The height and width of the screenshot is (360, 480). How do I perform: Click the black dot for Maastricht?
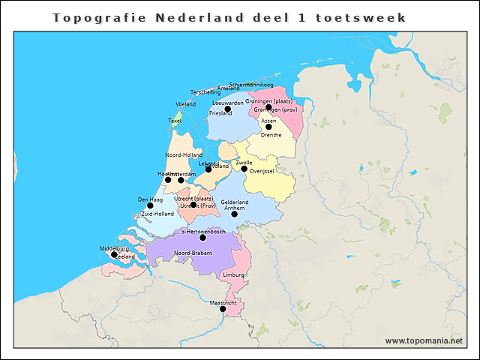click(x=223, y=308)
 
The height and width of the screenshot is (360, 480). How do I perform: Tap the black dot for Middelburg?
click(x=114, y=254)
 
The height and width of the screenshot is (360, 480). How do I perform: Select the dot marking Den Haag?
click(x=150, y=205)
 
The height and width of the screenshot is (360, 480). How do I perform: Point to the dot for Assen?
click(x=268, y=127)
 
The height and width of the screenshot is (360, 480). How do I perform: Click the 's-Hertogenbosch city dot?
click(x=202, y=238)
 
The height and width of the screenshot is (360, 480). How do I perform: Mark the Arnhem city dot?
click(x=234, y=214)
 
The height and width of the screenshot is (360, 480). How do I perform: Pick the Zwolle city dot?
click(x=244, y=169)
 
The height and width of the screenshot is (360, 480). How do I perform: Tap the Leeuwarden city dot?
click(x=228, y=109)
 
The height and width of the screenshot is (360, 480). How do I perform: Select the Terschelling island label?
click(x=205, y=92)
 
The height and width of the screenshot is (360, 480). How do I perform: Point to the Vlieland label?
click(x=185, y=103)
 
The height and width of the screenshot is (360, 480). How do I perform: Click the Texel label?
click(x=175, y=120)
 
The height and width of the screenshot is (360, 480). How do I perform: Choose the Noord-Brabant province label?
click(x=193, y=253)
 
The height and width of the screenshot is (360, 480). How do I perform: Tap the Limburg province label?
click(x=233, y=275)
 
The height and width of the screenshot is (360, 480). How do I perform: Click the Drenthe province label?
click(x=271, y=135)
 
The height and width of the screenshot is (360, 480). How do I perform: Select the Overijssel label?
click(x=262, y=172)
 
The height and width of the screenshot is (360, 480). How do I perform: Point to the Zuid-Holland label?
click(x=157, y=214)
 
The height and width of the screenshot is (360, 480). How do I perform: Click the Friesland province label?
click(x=220, y=113)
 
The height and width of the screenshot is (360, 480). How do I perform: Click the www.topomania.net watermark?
click(x=424, y=341)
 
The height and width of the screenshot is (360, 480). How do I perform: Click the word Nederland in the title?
click(x=197, y=16)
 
